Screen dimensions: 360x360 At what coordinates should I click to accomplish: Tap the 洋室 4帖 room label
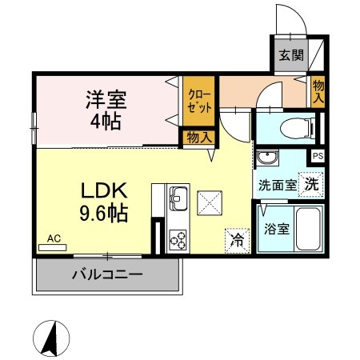point(107,111)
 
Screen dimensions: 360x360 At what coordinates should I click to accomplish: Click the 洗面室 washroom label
point(276,184)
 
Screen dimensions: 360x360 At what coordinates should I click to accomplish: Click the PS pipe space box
point(318,157)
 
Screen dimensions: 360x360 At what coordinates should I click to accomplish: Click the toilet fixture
point(289,126)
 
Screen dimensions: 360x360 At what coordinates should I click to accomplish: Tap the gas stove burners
point(177,238)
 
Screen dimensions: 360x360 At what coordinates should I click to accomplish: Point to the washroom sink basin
point(266,157)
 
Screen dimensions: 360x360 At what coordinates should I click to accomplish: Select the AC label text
point(54,238)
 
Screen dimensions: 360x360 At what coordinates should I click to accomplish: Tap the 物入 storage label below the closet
point(198,138)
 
